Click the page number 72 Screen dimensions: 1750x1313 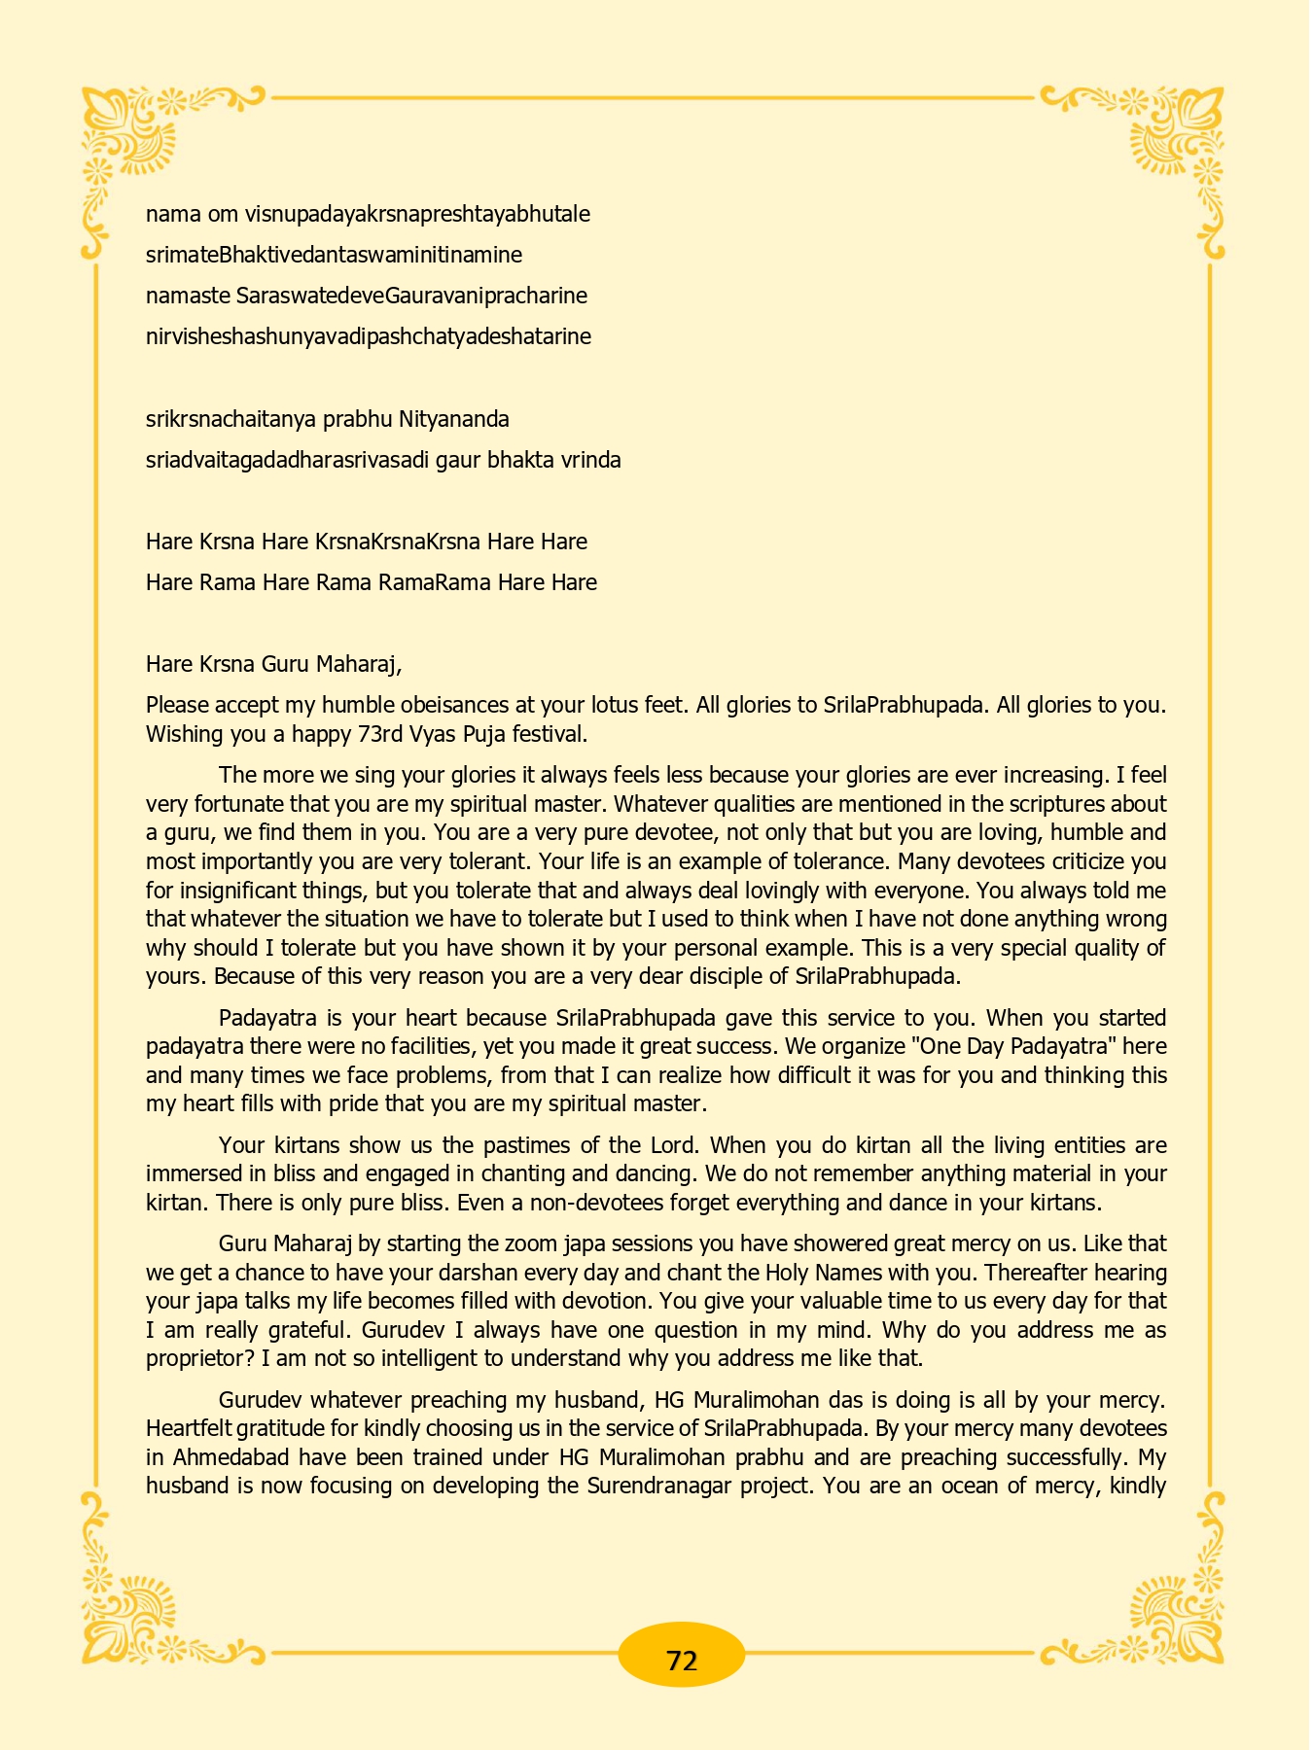tap(682, 1661)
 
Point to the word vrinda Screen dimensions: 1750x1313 tap(591, 460)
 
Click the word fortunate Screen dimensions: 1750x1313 tap(260, 804)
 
